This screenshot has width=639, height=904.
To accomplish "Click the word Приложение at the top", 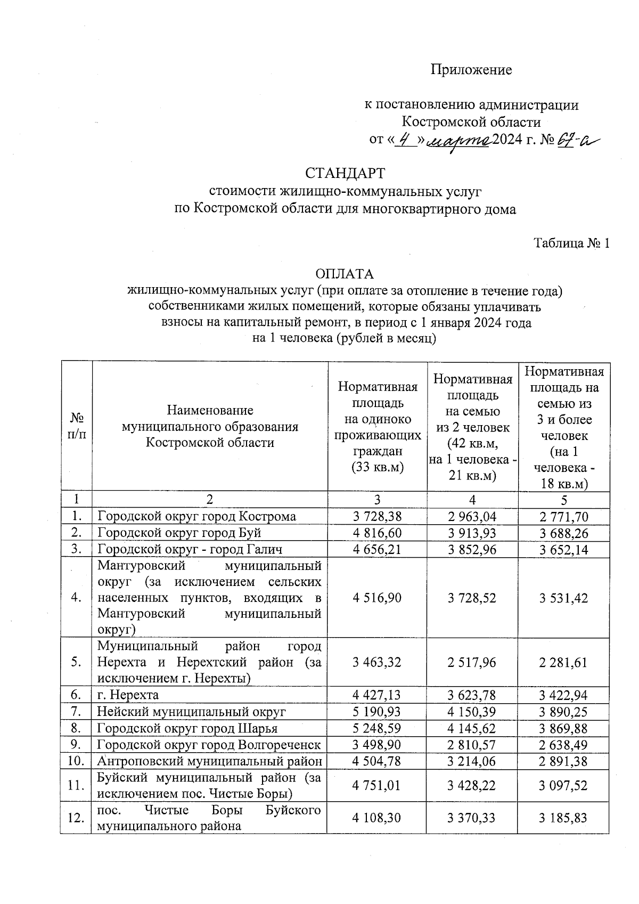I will point(471,70).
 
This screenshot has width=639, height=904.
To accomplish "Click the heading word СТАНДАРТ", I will point(345,174).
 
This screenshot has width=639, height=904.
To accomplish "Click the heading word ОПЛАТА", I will point(345,274).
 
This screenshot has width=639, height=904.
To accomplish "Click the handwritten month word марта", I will point(460,141).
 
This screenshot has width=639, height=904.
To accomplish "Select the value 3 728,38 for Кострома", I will point(377,516).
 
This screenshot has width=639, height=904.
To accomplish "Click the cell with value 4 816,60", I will point(377,533).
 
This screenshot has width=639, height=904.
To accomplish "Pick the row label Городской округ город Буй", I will point(179,533).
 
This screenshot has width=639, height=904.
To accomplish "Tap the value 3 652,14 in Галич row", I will point(563,549).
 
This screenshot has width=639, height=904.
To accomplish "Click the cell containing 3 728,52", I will point(472,598).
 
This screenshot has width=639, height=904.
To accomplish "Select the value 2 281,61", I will point(563,662).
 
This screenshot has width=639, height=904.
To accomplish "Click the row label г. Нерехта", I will point(128,695).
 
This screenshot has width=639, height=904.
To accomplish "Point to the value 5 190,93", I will point(377,711).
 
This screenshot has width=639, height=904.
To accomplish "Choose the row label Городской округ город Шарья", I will point(187,728).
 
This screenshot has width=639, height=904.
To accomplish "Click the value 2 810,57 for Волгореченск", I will point(472,744).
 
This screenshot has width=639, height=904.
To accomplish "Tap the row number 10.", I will point(76,761).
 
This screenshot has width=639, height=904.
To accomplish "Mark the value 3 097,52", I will point(563,785).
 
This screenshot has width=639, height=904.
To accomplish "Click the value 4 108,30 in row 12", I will point(377,817).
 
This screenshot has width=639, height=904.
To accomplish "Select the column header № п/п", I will point(77,426).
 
